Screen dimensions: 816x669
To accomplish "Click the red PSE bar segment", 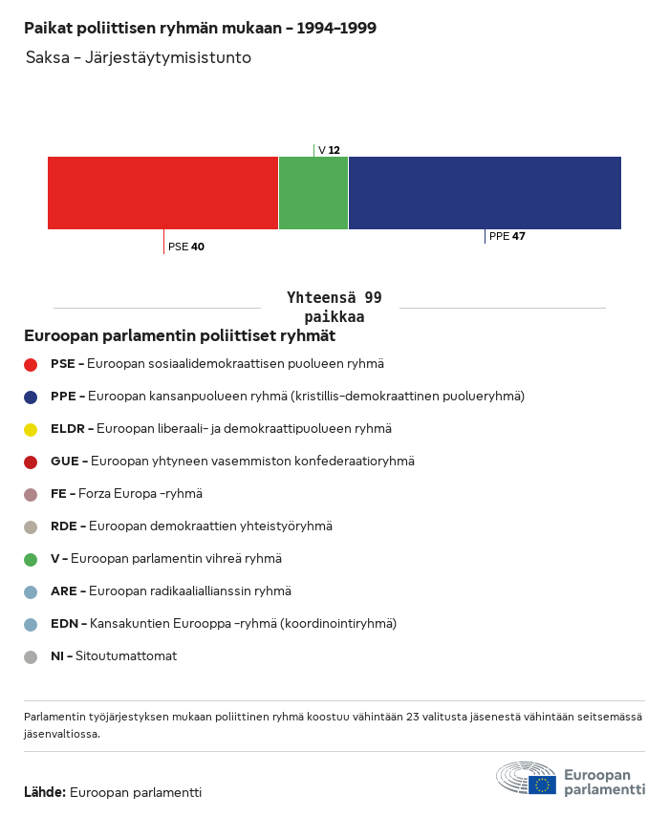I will click(x=162, y=193).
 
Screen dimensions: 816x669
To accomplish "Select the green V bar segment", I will click(x=313, y=193).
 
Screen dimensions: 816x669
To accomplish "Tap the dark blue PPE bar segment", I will click(x=485, y=193).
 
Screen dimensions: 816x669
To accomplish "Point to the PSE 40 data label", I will click(x=186, y=247).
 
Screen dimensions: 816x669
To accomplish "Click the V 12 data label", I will click(x=329, y=150).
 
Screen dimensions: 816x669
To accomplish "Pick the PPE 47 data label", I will click(x=507, y=236).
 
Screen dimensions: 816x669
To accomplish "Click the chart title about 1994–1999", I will click(x=200, y=28).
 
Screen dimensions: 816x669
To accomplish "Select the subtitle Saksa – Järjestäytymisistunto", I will click(x=139, y=57).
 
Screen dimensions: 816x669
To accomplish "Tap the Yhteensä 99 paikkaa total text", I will click(x=334, y=307).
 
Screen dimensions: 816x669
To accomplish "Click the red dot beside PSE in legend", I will click(x=31, y=364).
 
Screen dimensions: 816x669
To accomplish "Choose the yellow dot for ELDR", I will click(x=31, y=429).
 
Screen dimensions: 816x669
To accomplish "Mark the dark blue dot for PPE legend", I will click(x=31, y=397).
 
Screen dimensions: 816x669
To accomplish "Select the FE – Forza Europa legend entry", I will click(x=126, y=494).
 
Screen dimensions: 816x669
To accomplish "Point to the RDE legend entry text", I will click(x=191, y=526).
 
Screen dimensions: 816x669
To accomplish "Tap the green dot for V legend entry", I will click(x=31, y=559).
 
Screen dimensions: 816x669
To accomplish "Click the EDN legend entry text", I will click(x=223, y=624).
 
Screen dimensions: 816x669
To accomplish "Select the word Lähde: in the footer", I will click(x=45, y=792).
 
